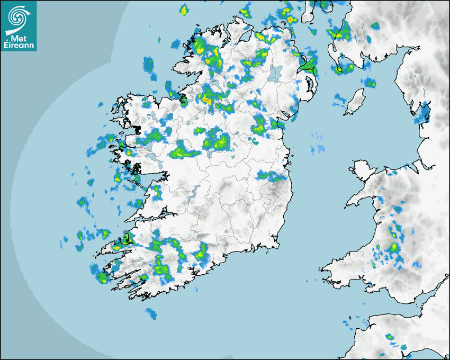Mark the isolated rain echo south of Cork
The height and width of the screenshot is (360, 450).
click(151, 314)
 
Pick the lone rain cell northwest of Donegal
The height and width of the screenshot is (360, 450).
click(184, 10)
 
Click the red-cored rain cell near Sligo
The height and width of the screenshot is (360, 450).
click(206, 98)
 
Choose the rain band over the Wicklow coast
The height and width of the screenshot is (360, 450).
click(273, 176)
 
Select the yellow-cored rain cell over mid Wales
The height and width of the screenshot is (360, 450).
click(394, 247)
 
